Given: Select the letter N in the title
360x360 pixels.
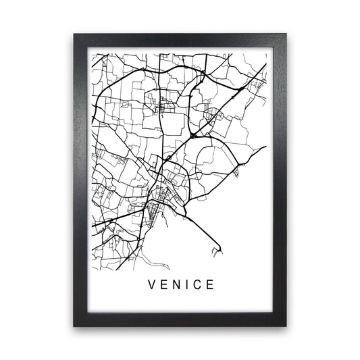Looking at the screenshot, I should coord(175,284).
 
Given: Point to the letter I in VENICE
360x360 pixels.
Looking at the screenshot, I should coord(186,284).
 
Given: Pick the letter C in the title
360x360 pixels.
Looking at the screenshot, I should coord(197,284).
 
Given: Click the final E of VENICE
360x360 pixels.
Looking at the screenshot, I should coord(211,284).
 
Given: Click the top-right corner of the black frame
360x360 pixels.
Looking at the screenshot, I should coord(285,34).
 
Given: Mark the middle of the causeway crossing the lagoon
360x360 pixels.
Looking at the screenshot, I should coord(203,230).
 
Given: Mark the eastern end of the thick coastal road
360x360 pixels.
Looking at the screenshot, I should coord(265,147).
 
